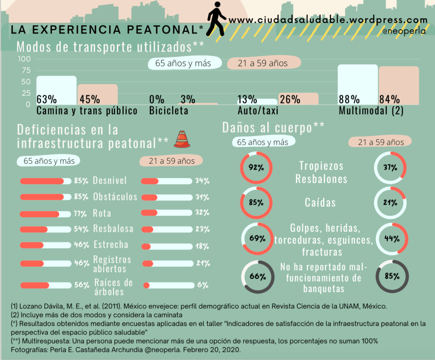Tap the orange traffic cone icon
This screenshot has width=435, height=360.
[x=182, y=139]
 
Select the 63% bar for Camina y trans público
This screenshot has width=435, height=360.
[x=56, y=89]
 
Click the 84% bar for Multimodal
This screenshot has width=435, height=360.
[x=398, y=85]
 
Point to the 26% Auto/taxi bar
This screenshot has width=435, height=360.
[x=298, y=99]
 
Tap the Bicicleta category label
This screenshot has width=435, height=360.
[x=169, y=111]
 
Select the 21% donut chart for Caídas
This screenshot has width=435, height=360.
[x=390, y=203]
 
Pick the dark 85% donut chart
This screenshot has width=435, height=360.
[x=392, y=276]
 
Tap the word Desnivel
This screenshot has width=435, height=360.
[x=110, y=181]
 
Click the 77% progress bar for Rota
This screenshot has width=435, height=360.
[x=45, y=213]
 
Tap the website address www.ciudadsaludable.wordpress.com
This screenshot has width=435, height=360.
[x=327, y=20]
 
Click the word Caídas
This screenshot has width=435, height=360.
[x=320, y=202]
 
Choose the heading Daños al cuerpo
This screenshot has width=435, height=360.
[x=273, y=127]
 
